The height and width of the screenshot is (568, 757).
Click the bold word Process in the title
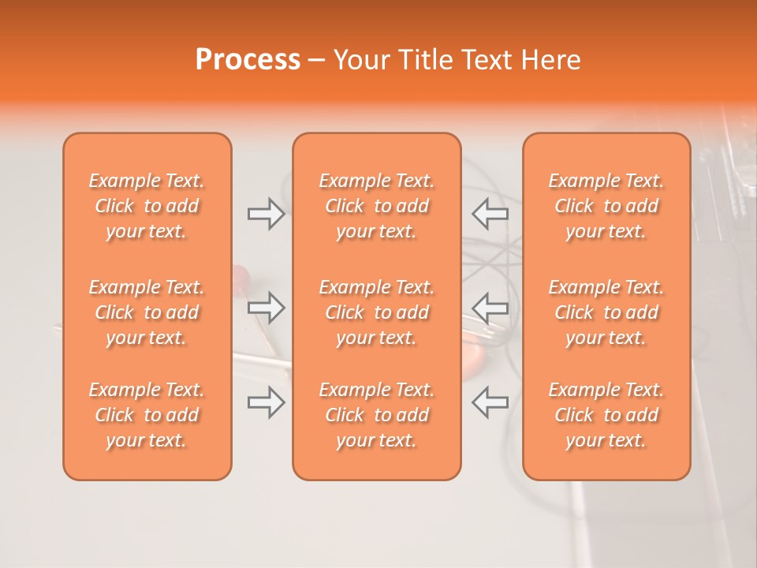(x=248, y=60)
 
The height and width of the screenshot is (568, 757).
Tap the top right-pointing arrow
(x=267, y=214)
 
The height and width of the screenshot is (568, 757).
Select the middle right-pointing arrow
(x=267, y=308)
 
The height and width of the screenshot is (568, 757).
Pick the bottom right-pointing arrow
(x=267, y=402)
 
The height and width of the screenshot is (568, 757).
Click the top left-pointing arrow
(x=490, y=214)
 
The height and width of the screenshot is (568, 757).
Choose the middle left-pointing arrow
(x=490, y=308)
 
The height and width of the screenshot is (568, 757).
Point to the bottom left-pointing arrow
(x=490, y=402)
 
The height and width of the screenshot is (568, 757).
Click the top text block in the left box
(x=147, y=206)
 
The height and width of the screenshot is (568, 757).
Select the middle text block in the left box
(x=147, y=312)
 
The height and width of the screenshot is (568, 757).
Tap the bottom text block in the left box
(x=147, y=415)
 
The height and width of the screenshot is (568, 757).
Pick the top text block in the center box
(x=376, y=206)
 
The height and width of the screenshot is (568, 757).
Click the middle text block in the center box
(x=376, y=312)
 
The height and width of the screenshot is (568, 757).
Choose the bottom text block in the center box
(x=376, y=415)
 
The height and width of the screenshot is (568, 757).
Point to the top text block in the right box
(x=606, y=206)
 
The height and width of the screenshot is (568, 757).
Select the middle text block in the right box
(x=606, y=312)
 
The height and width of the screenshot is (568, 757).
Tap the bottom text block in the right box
(x=606, y=415)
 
